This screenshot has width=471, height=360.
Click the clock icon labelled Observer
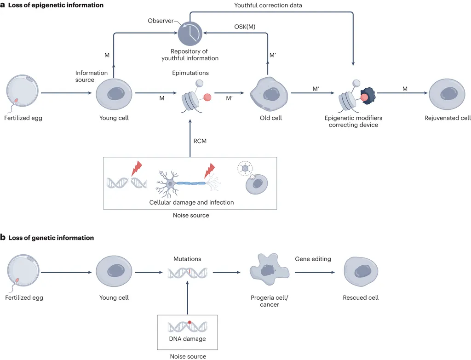pos(190,33)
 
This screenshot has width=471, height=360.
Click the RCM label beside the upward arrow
pos(200,141)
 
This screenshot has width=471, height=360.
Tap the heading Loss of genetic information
pos(51,238)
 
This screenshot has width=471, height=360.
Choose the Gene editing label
pos(313,259)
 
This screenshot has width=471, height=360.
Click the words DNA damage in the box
pos(187,339)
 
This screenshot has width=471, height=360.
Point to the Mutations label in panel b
pos(187,259)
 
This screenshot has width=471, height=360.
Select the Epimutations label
pos(190,73)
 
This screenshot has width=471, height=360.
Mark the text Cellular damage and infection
pos(191,202)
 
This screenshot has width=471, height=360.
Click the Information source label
pos(92,76)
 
